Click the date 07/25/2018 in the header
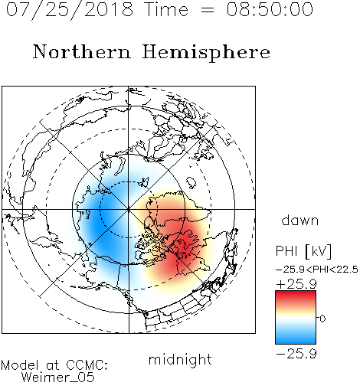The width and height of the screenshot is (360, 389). tap(70, 9)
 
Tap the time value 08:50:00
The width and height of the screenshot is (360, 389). tap(270, 9)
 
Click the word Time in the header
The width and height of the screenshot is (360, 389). tap(166, 9)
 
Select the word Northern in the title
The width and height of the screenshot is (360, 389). tap(82, 51)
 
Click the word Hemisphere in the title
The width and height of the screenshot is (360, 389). tap(206, 53)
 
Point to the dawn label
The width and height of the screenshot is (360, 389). tap(300, 220)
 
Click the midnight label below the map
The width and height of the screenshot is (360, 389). tap(180, 359)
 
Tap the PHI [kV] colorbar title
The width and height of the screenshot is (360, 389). tap(303, 251)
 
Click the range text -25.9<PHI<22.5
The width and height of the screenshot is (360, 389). tap(317, 270)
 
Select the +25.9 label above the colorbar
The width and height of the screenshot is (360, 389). tap(296, 284)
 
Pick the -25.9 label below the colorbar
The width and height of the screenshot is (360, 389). tap(296, 354)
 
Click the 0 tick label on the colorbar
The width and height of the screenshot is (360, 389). tap(322, 319)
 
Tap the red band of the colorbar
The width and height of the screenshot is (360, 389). tap(296, 297)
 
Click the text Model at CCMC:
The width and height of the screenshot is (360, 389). tap(54, 365)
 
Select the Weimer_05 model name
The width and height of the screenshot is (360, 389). tap(58, 378)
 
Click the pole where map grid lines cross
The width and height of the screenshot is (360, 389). tap(129, 209)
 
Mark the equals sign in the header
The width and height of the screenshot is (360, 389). tap(208, 10)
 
